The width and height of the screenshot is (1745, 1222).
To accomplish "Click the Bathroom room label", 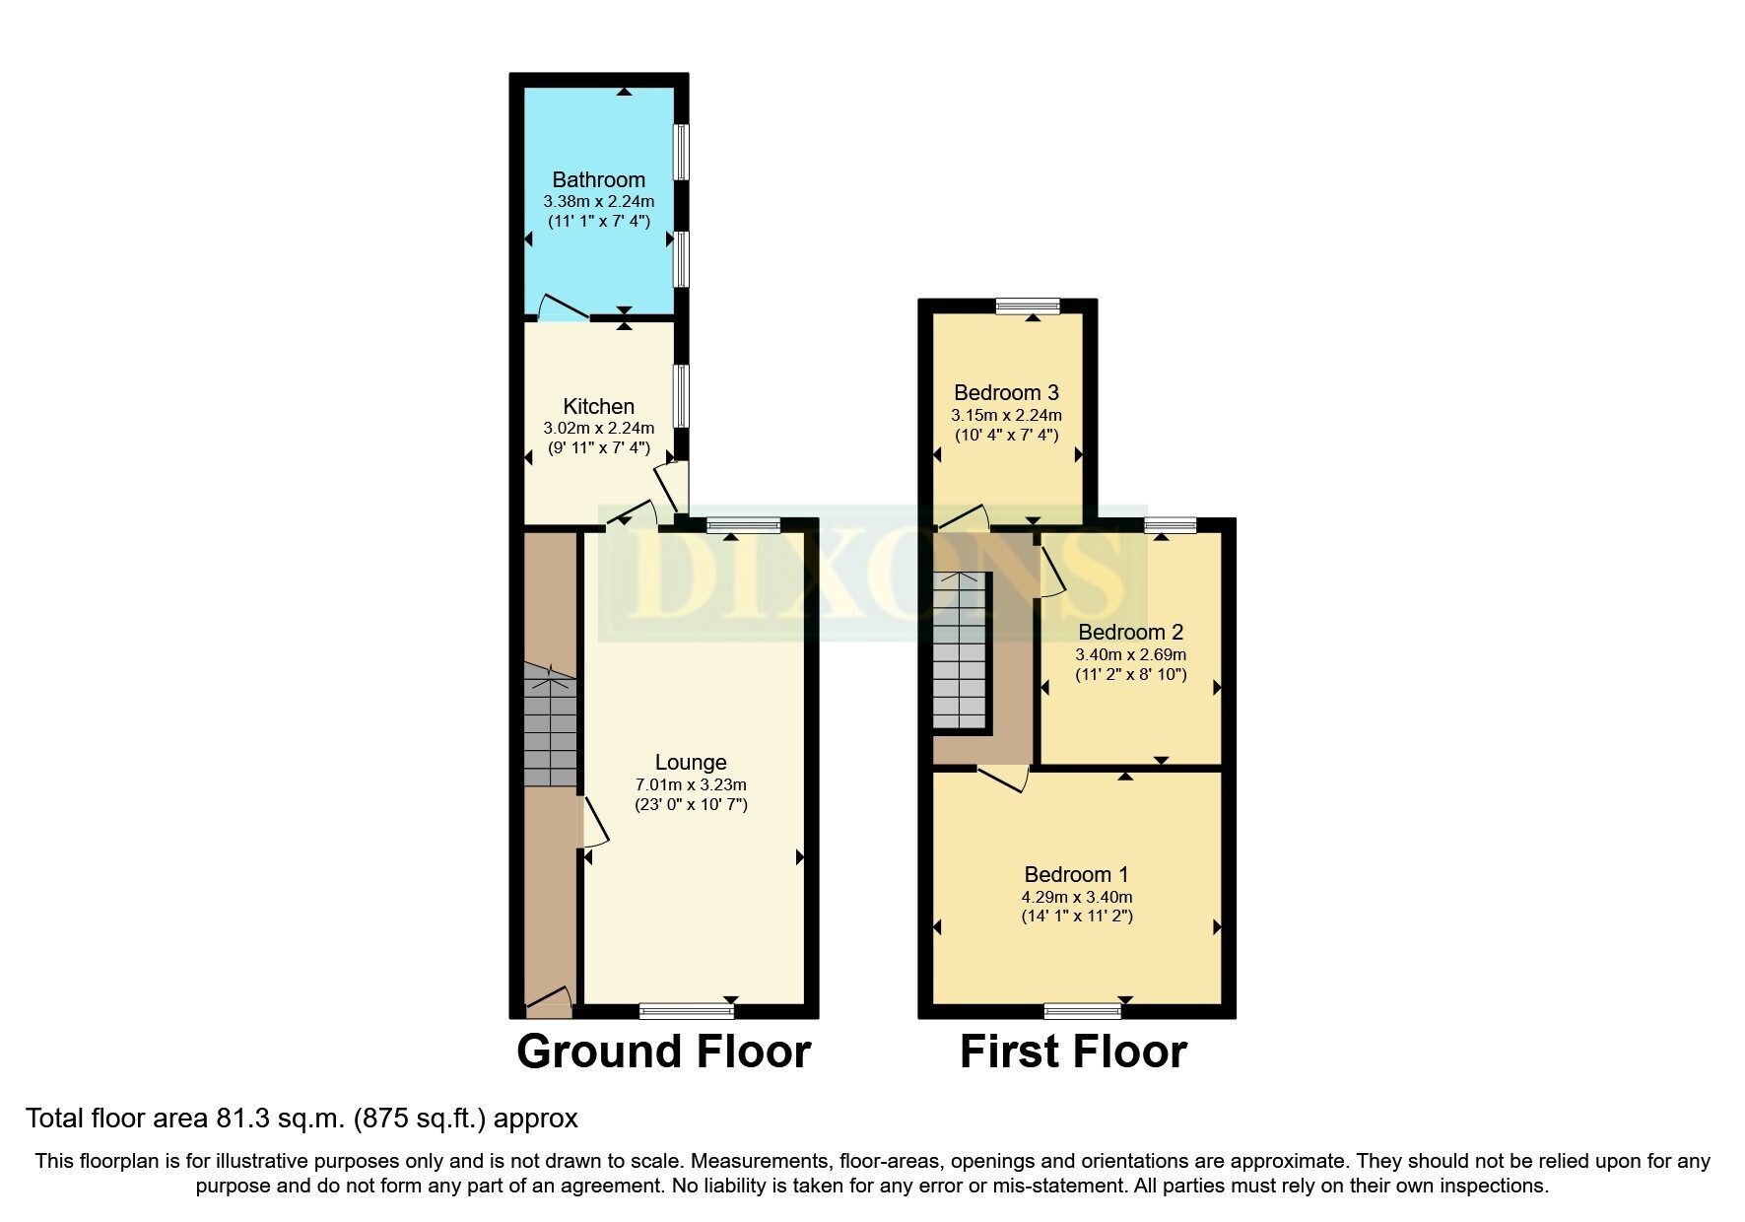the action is point(598,179).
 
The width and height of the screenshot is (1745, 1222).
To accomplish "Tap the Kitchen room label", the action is point(598,406).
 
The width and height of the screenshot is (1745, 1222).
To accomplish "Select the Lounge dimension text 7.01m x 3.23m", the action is point(691,785).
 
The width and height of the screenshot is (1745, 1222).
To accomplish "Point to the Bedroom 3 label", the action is point(1006,393).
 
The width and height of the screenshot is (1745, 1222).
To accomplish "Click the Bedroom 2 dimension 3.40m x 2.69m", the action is point(1130,654).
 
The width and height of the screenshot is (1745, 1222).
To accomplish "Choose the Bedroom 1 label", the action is point(1076,874).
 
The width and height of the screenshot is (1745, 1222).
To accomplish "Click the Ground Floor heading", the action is point(663,1052).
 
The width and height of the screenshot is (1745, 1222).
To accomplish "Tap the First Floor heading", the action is point(1073,1052).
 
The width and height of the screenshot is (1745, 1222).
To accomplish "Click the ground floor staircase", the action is point(550,725).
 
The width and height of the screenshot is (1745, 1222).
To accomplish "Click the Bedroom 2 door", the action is point(1051,571).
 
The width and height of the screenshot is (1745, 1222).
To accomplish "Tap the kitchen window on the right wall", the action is point(681,396).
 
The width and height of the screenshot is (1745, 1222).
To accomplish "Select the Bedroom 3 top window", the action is point(1028,306).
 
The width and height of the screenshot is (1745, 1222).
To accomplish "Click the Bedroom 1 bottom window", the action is point(1083,1010).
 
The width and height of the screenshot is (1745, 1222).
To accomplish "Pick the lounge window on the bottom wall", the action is point(687,1010).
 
